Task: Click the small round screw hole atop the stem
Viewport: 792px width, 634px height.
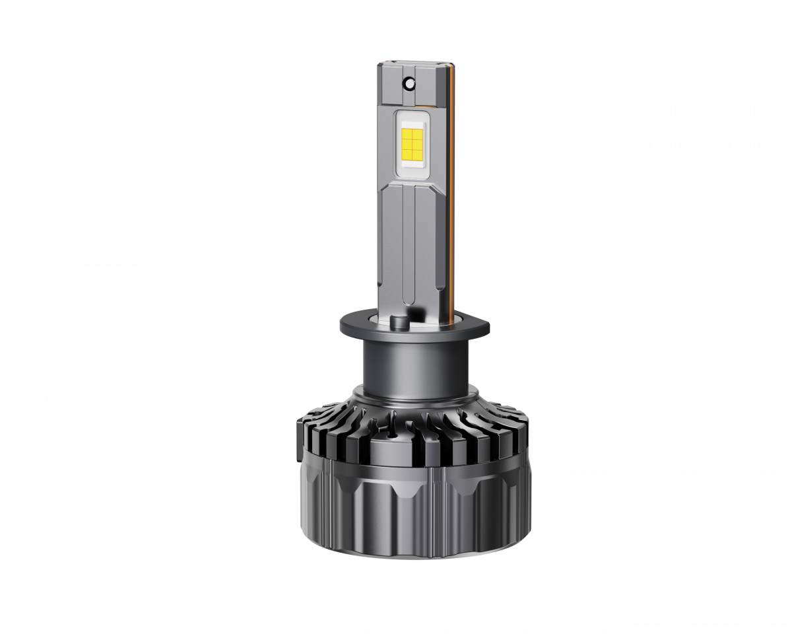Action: (x=409, y=84)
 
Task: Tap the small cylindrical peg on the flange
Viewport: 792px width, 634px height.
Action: (x=399, y=322)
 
